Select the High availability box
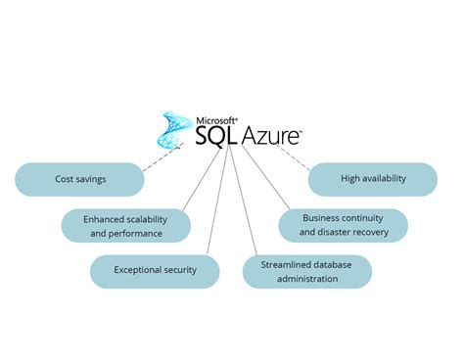coord(372,180)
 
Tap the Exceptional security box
coord(155,270)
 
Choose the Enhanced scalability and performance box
coord(125,226)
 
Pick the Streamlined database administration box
coord(306,271)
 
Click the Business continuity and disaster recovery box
coord(343,225)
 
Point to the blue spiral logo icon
coord(176,131)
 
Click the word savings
coord(91,180)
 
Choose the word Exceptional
coord(139,270)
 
